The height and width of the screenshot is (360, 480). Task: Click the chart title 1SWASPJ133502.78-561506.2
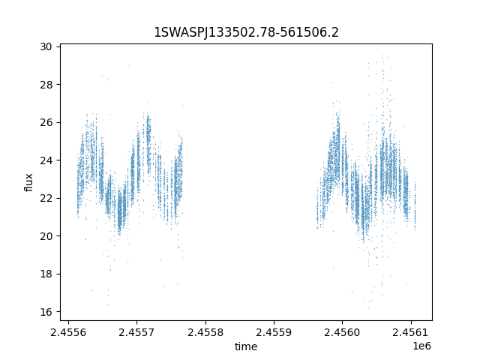coord(246,32)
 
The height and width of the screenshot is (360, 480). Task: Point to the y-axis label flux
coord(28,182)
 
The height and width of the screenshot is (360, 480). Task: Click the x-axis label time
coord(246,346)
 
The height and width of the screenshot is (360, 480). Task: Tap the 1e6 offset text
coord(421,346)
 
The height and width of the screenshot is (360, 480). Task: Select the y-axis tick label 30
coord(46,46)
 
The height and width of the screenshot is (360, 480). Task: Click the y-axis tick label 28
coord(46,85)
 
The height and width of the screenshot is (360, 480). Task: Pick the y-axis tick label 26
coord(46,122)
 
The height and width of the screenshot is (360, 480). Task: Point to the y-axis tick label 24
coord(46,160)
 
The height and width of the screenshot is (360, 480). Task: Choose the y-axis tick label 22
coord(46,198)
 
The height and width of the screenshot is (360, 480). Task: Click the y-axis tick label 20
coord(46,236)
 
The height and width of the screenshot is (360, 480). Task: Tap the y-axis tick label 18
coord(46,274)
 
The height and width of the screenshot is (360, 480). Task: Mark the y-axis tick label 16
coord(46,312)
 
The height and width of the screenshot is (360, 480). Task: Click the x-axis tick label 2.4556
coord(68,332)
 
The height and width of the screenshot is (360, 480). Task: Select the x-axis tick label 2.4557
coord(136,332)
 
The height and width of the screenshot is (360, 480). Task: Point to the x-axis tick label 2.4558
coord(205,332)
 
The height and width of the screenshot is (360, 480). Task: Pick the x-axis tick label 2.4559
coord(274,332)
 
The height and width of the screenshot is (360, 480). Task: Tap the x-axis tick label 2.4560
coord(342,332)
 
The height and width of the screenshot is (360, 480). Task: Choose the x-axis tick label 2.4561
coord(411,332)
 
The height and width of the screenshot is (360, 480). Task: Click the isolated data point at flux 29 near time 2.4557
coord(129,65)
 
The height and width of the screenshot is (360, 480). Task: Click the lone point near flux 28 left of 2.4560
coord(332,82)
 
